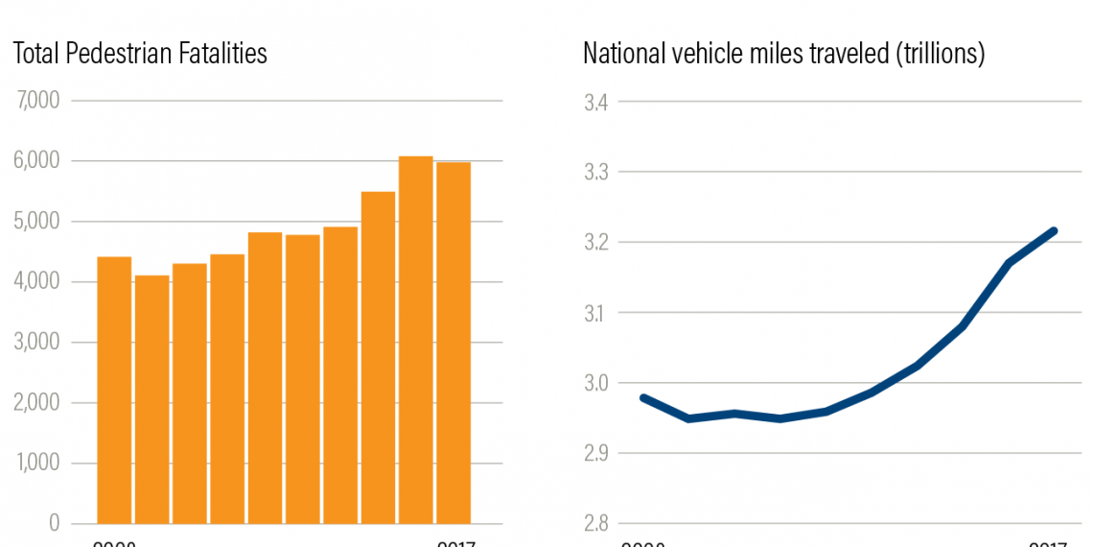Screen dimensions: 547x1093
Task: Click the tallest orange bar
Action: click(415, 340)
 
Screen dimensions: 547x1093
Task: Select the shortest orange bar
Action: click(151, 399)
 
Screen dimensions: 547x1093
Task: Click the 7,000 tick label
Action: click(38, 101)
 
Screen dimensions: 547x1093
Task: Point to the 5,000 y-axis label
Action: click(38, 222)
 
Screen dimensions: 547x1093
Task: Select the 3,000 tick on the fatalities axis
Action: click(38, 343)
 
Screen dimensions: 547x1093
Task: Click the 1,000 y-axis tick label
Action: click(38, 464)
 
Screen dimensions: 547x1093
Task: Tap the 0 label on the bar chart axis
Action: click(54, 524)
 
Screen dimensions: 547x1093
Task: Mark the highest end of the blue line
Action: click(1054, 230)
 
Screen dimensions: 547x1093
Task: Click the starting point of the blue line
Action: click(642, 397)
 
